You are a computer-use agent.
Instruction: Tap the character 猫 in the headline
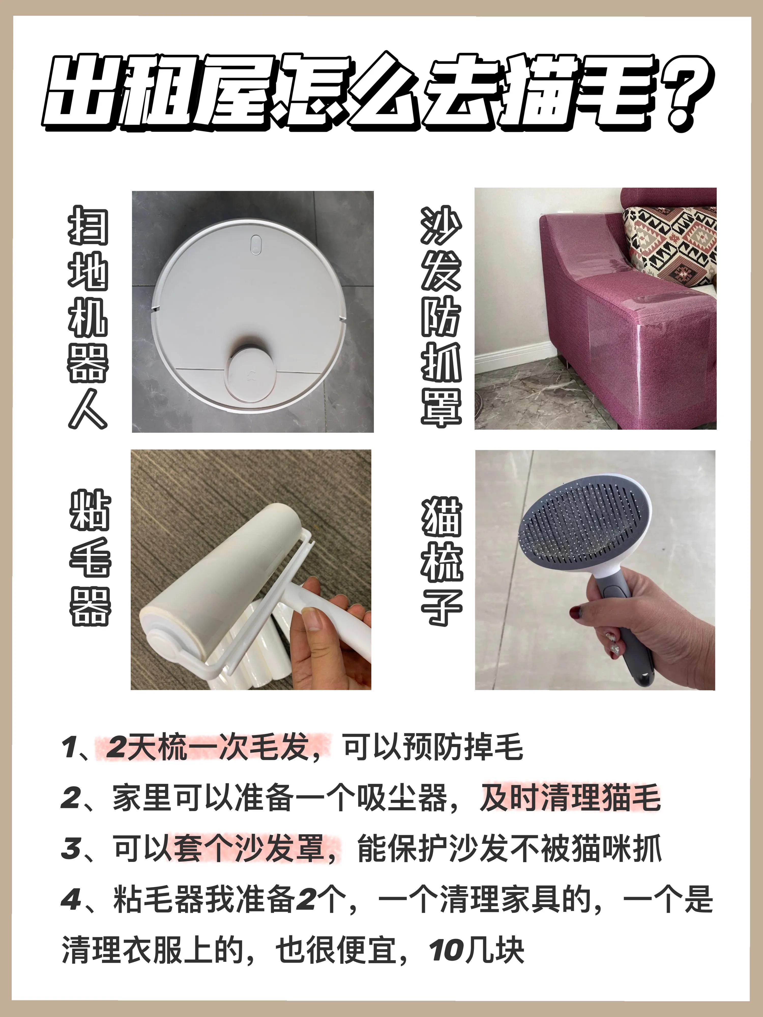pos(536,92)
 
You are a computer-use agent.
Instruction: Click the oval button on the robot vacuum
pos(256,244)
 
